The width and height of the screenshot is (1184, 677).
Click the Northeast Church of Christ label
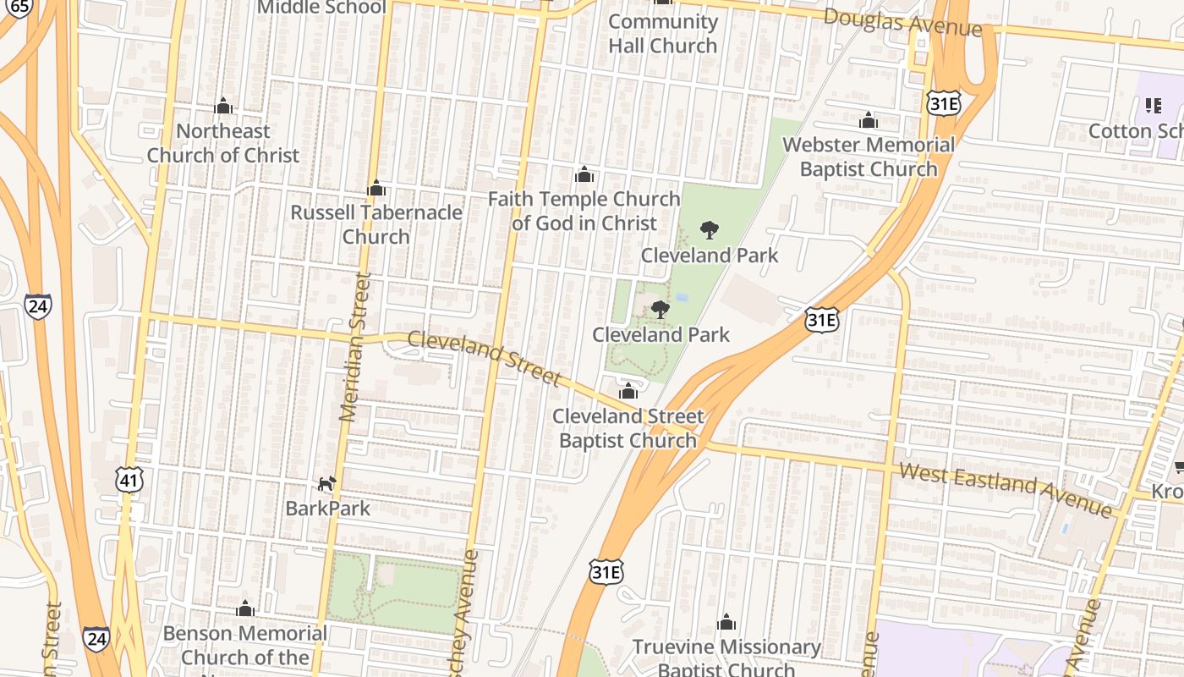coord(223,143)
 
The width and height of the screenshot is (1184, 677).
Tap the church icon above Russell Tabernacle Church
coord(376,188)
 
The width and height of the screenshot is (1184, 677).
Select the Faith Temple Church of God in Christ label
coord(584,211)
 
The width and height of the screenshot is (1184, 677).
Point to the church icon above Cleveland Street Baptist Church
coord(628,391)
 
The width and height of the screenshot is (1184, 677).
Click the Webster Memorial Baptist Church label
coord(869,157)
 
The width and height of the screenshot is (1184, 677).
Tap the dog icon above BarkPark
coord(326,483)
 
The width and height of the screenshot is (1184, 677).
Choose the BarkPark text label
coord(327,509)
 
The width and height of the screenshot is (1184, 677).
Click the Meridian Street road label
coord(355,347)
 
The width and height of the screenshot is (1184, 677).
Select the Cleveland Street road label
coord(484,357)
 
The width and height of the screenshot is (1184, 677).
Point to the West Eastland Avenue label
coord(1006,490)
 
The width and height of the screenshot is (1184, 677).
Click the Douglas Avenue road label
coord(902,23)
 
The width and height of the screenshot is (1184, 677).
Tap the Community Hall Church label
coord(663,34)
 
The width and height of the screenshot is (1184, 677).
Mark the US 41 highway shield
coord(129,481)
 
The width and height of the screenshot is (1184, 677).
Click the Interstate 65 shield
coord(19,7)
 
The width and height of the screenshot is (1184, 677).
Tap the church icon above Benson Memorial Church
coord(245,608)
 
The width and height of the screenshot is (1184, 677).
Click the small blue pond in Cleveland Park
coord(682,298)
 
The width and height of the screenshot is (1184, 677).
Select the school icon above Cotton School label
coord(1153,106)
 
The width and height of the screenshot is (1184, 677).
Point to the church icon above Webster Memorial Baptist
coord(869,120)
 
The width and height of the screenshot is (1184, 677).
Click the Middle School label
coord(321,8)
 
